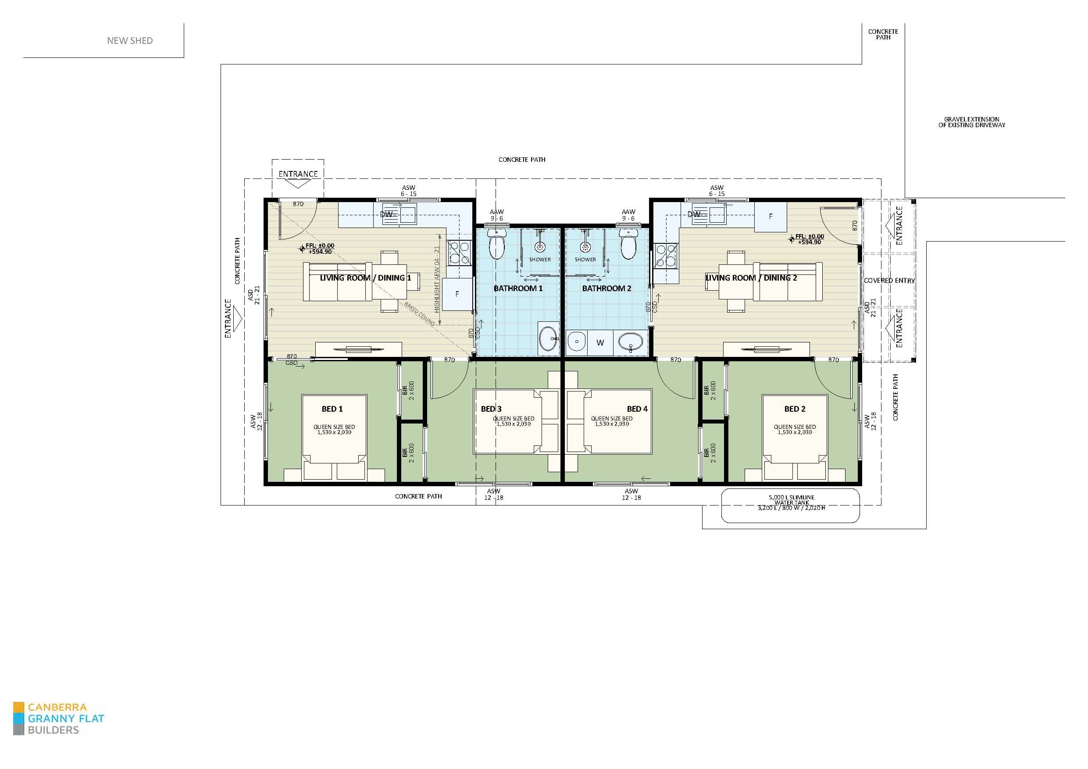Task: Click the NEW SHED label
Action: click(130, 41)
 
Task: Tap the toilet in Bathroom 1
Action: click(496, 246)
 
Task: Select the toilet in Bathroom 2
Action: click(628, 245)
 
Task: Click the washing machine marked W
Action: click(600, 342)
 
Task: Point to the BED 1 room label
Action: click(332, 409)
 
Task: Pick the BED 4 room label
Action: click(637, 409)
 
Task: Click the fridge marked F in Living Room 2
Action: click(771, 217)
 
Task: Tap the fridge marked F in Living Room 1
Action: click(457, 294)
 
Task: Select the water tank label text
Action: click(792, 503)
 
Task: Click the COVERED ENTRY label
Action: click(889, 281)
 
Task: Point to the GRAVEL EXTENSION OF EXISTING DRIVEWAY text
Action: click(971, 122)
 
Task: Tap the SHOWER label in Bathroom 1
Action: click(540, 260)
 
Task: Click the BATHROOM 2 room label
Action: click(606, 288)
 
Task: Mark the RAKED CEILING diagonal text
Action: click(419, 313)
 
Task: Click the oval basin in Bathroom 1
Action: click(549, 338)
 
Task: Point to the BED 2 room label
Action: click(795, 409)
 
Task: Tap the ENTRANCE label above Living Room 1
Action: click(298, 174)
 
